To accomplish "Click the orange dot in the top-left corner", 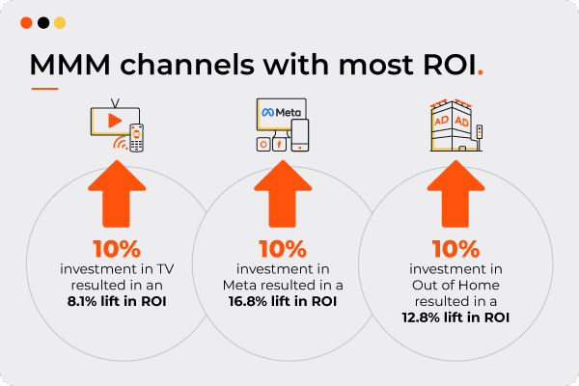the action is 26,23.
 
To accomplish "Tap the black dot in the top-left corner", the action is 43,23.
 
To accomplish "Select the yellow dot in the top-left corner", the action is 60,23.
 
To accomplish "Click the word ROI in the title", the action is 450,65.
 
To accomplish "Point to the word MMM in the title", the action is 70,65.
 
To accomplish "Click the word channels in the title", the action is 187,65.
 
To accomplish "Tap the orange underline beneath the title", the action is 45,89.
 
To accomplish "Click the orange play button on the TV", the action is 115,121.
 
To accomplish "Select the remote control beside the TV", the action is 137,138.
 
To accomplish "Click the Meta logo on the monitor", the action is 282,112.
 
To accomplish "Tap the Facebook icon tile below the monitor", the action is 279,144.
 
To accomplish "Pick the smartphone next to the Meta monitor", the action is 300,135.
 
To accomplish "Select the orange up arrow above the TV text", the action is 117,194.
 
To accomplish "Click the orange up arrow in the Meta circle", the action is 283,194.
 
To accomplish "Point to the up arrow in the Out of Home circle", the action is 455,194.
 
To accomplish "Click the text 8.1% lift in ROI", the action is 117,301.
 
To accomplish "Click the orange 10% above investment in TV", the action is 117,249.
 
